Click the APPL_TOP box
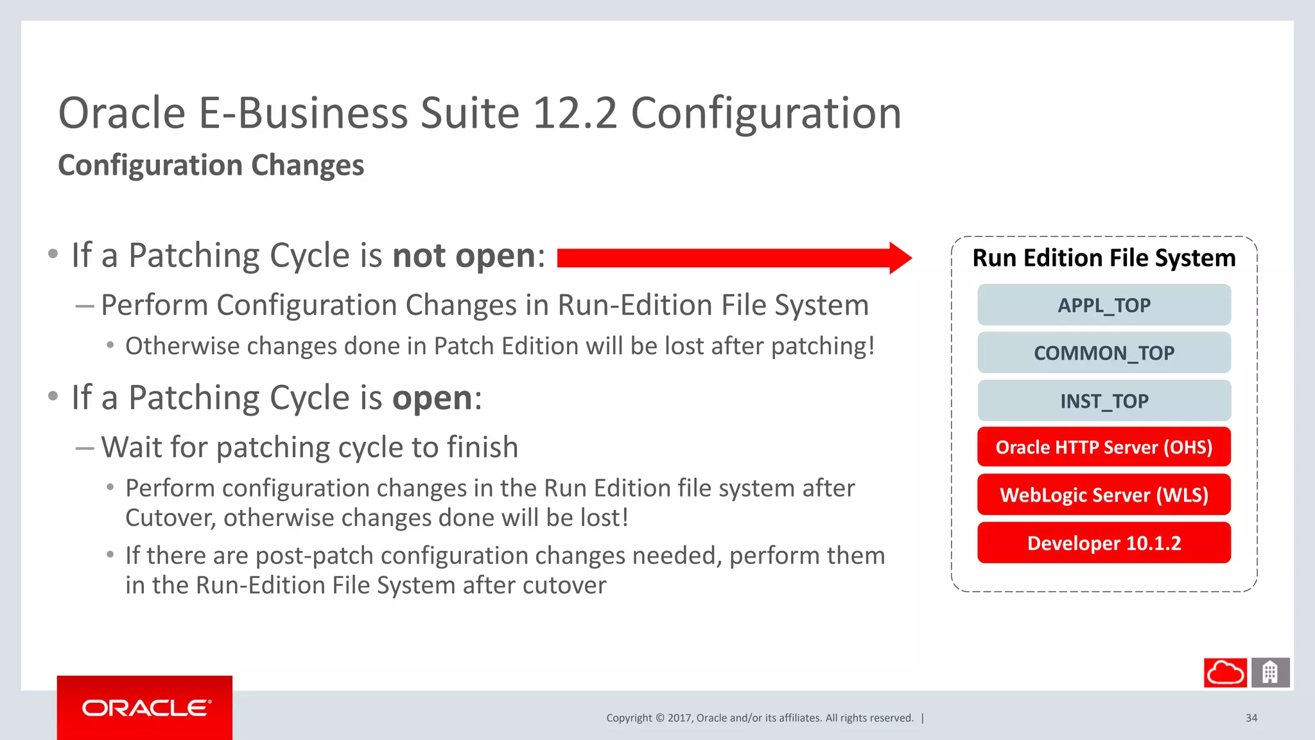pos(1104,305)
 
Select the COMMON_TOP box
pos(1104,353)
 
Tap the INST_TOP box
pos(1104,401)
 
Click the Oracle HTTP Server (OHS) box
pos(1104,447)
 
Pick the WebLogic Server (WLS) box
pos(1104,495)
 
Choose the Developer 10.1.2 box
pos(1104,543)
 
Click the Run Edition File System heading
pos(1104,258)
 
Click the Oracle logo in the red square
pos(145,708)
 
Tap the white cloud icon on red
pos(1225,673)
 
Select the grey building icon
pos(1270,673)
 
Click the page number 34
pos(1251,718)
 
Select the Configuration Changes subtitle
pos(211,165)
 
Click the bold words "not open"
pos(464,256)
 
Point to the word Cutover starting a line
pos(170,518)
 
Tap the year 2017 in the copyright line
pos(679,718)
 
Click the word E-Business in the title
pos(303,113)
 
